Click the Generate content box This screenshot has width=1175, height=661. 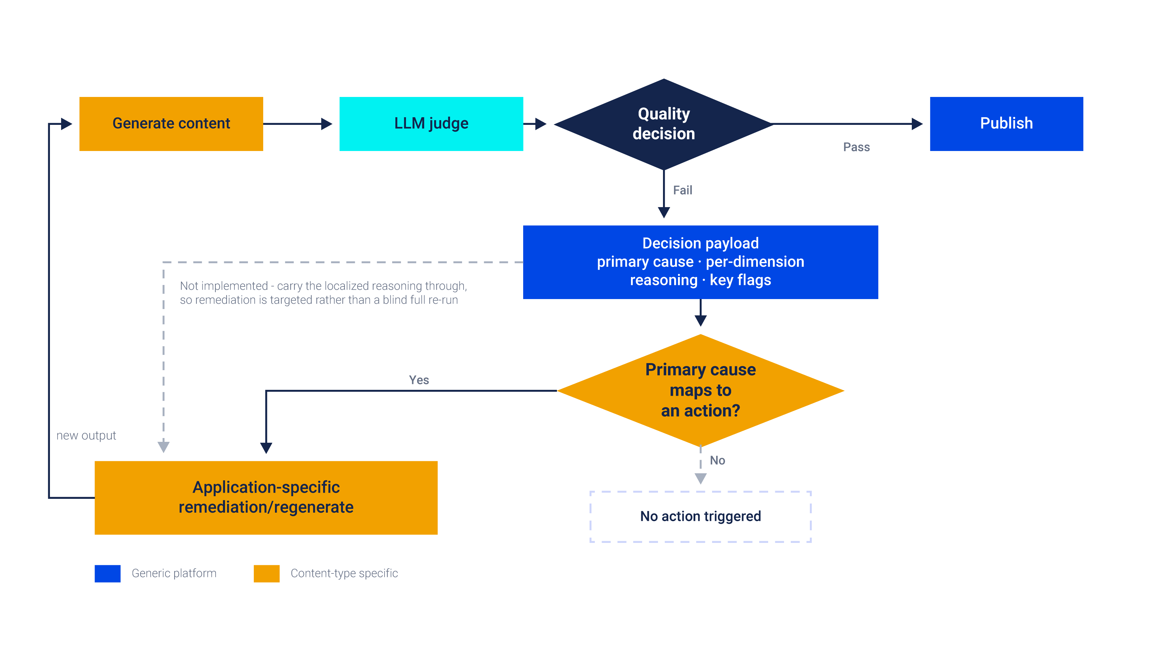pos(171,124)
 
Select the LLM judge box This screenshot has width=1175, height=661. pos(431,124)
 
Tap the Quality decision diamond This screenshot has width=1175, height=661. pos(664,124)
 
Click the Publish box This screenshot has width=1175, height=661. pos(1006,124)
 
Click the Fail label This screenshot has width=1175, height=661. pos(682,190)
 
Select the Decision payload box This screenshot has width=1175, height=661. pos(700,262)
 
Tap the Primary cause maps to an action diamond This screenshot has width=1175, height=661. pos(701,390)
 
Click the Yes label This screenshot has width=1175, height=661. pos(419,380)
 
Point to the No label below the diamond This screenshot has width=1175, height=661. pos(717,460)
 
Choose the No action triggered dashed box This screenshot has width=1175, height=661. pos(701,516)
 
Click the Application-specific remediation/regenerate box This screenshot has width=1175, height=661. pos(266,498)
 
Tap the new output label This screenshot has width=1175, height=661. pos(86,436)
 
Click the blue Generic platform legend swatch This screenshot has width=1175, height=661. pos(108,573)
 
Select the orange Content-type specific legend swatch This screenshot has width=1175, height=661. pos(266,573)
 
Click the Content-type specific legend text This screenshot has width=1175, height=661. pos(344,573)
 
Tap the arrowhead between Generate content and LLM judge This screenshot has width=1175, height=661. pos(327,124)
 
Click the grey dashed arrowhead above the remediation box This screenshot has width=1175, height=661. pos(163,447)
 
